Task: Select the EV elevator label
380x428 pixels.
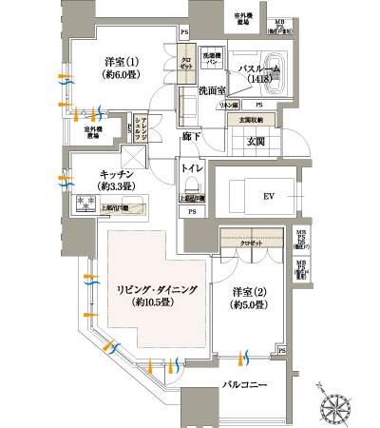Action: [268, 197]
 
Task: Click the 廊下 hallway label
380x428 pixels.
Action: [190, 137]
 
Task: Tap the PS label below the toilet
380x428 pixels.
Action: [192, 212]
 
